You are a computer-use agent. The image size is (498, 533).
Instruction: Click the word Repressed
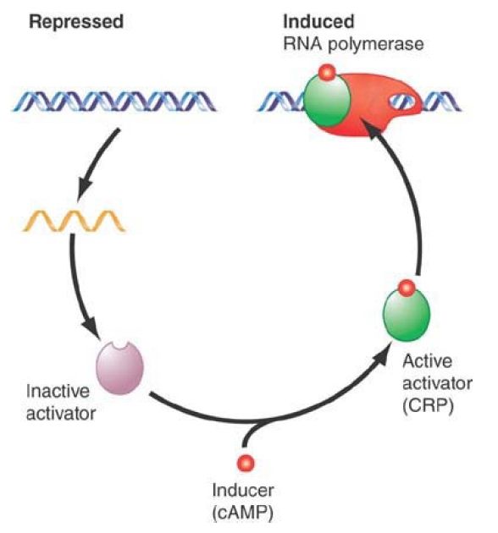click(x=76, y=23)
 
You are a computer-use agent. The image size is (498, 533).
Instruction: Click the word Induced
click(x=318, y=22)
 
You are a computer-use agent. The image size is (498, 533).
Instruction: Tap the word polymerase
click(x=375, y=45)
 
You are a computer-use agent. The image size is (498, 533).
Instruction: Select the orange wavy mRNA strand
click(x=74, y=221)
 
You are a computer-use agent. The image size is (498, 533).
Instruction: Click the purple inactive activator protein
click(x=119, y=368)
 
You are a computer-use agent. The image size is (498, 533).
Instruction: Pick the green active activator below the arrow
click(x=407, y=314)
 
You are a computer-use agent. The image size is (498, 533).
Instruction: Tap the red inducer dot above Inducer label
click(x=246, y=463)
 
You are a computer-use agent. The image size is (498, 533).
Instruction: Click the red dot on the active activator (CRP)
click(x=407, y=288)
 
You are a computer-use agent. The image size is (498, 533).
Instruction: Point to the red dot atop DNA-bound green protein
click(x=327, y=73)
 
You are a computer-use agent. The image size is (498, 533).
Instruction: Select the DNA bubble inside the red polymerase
click(x=401, y=102)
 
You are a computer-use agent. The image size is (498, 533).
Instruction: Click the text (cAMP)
click(x=242, y=514)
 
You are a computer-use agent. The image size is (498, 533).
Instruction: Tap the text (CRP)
click(x=428, y=405)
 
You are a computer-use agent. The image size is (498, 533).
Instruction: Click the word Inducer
click(x=243, y=491)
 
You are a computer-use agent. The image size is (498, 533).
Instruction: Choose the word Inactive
click(x=58, y=391)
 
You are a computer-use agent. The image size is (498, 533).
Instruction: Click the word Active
click(x=427, y=361)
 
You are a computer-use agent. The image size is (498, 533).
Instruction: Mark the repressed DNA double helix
click(x=114, y=102)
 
